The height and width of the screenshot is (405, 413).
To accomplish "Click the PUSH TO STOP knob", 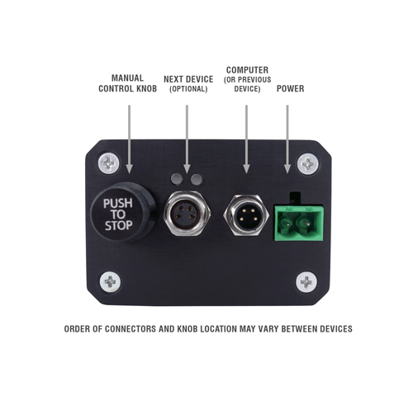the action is [x=122, y=212].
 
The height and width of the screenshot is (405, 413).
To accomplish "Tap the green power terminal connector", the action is [x=299, y=222].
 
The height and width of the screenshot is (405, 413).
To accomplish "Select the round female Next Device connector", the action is [x=188, y=214].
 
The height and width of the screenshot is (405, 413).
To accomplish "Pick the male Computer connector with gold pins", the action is [x=246, y=215].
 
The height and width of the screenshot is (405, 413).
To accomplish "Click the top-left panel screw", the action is [x=109, y=163].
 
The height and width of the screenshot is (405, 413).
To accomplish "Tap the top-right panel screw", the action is [x=308, y=164].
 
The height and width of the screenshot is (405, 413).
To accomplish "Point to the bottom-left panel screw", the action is [x=110, y=282].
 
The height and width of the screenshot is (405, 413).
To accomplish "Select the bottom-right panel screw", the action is [x=306, y=282].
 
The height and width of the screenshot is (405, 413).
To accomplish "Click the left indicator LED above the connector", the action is [x=177, y=179].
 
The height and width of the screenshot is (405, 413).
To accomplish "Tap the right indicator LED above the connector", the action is [x=197, y=179].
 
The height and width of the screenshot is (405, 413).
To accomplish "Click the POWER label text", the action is [x=290, y=88].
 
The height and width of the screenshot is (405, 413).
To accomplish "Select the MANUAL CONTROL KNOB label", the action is [x=127, y=83].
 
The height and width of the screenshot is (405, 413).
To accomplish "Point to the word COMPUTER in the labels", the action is [x=247, y=70].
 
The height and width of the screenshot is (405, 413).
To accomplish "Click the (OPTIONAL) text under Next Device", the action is [x=188, y=89].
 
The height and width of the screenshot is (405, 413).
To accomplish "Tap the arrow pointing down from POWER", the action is [x=287, y=139].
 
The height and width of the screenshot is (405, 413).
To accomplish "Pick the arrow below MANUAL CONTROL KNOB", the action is [x=129, y=139].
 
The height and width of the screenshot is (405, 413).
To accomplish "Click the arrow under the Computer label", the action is [x=246, y=139].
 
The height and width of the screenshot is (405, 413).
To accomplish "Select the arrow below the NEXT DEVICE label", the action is [x=187, y=139].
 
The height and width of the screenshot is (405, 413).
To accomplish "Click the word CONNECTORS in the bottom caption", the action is [x=131, y=329].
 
